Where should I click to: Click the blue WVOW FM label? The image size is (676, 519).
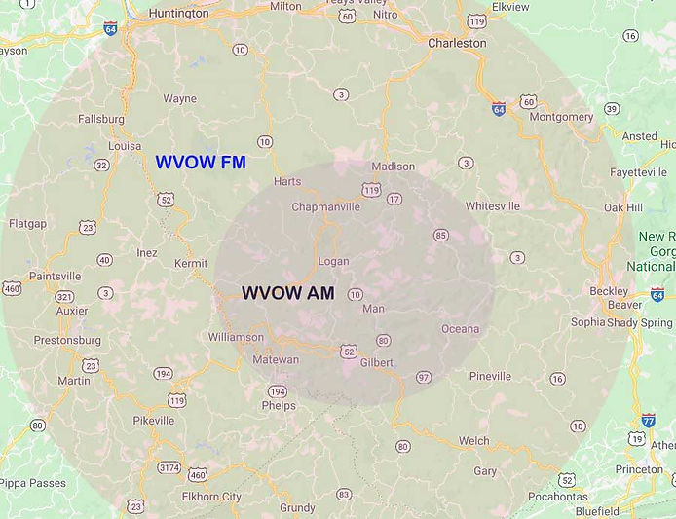click(x=201, y=163)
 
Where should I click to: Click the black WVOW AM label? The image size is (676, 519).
click(x=287, y=292)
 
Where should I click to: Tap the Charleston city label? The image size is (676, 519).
click(x=457, y=43)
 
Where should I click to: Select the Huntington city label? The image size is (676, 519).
click(x=178, y=14)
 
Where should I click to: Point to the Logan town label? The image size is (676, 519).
click(x=334, y=262)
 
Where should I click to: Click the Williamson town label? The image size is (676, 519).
click(x=236, y=337)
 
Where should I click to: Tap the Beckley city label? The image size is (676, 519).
click(x=609, y=290)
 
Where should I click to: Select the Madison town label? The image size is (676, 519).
click(x=393, y=167)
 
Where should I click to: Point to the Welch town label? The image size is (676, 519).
click(x=474, y=440)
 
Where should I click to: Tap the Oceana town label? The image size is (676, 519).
click(x=461, y=329)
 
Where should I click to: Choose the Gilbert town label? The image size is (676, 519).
click(x=376, y=362)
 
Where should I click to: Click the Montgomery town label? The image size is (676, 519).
click(x=562, y=117)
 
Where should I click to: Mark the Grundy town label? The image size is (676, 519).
click(x=297, y=507)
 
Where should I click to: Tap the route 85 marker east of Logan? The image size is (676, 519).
click(x=440, y=235)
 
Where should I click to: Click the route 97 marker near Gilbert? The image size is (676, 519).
click(x=423, y=377)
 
